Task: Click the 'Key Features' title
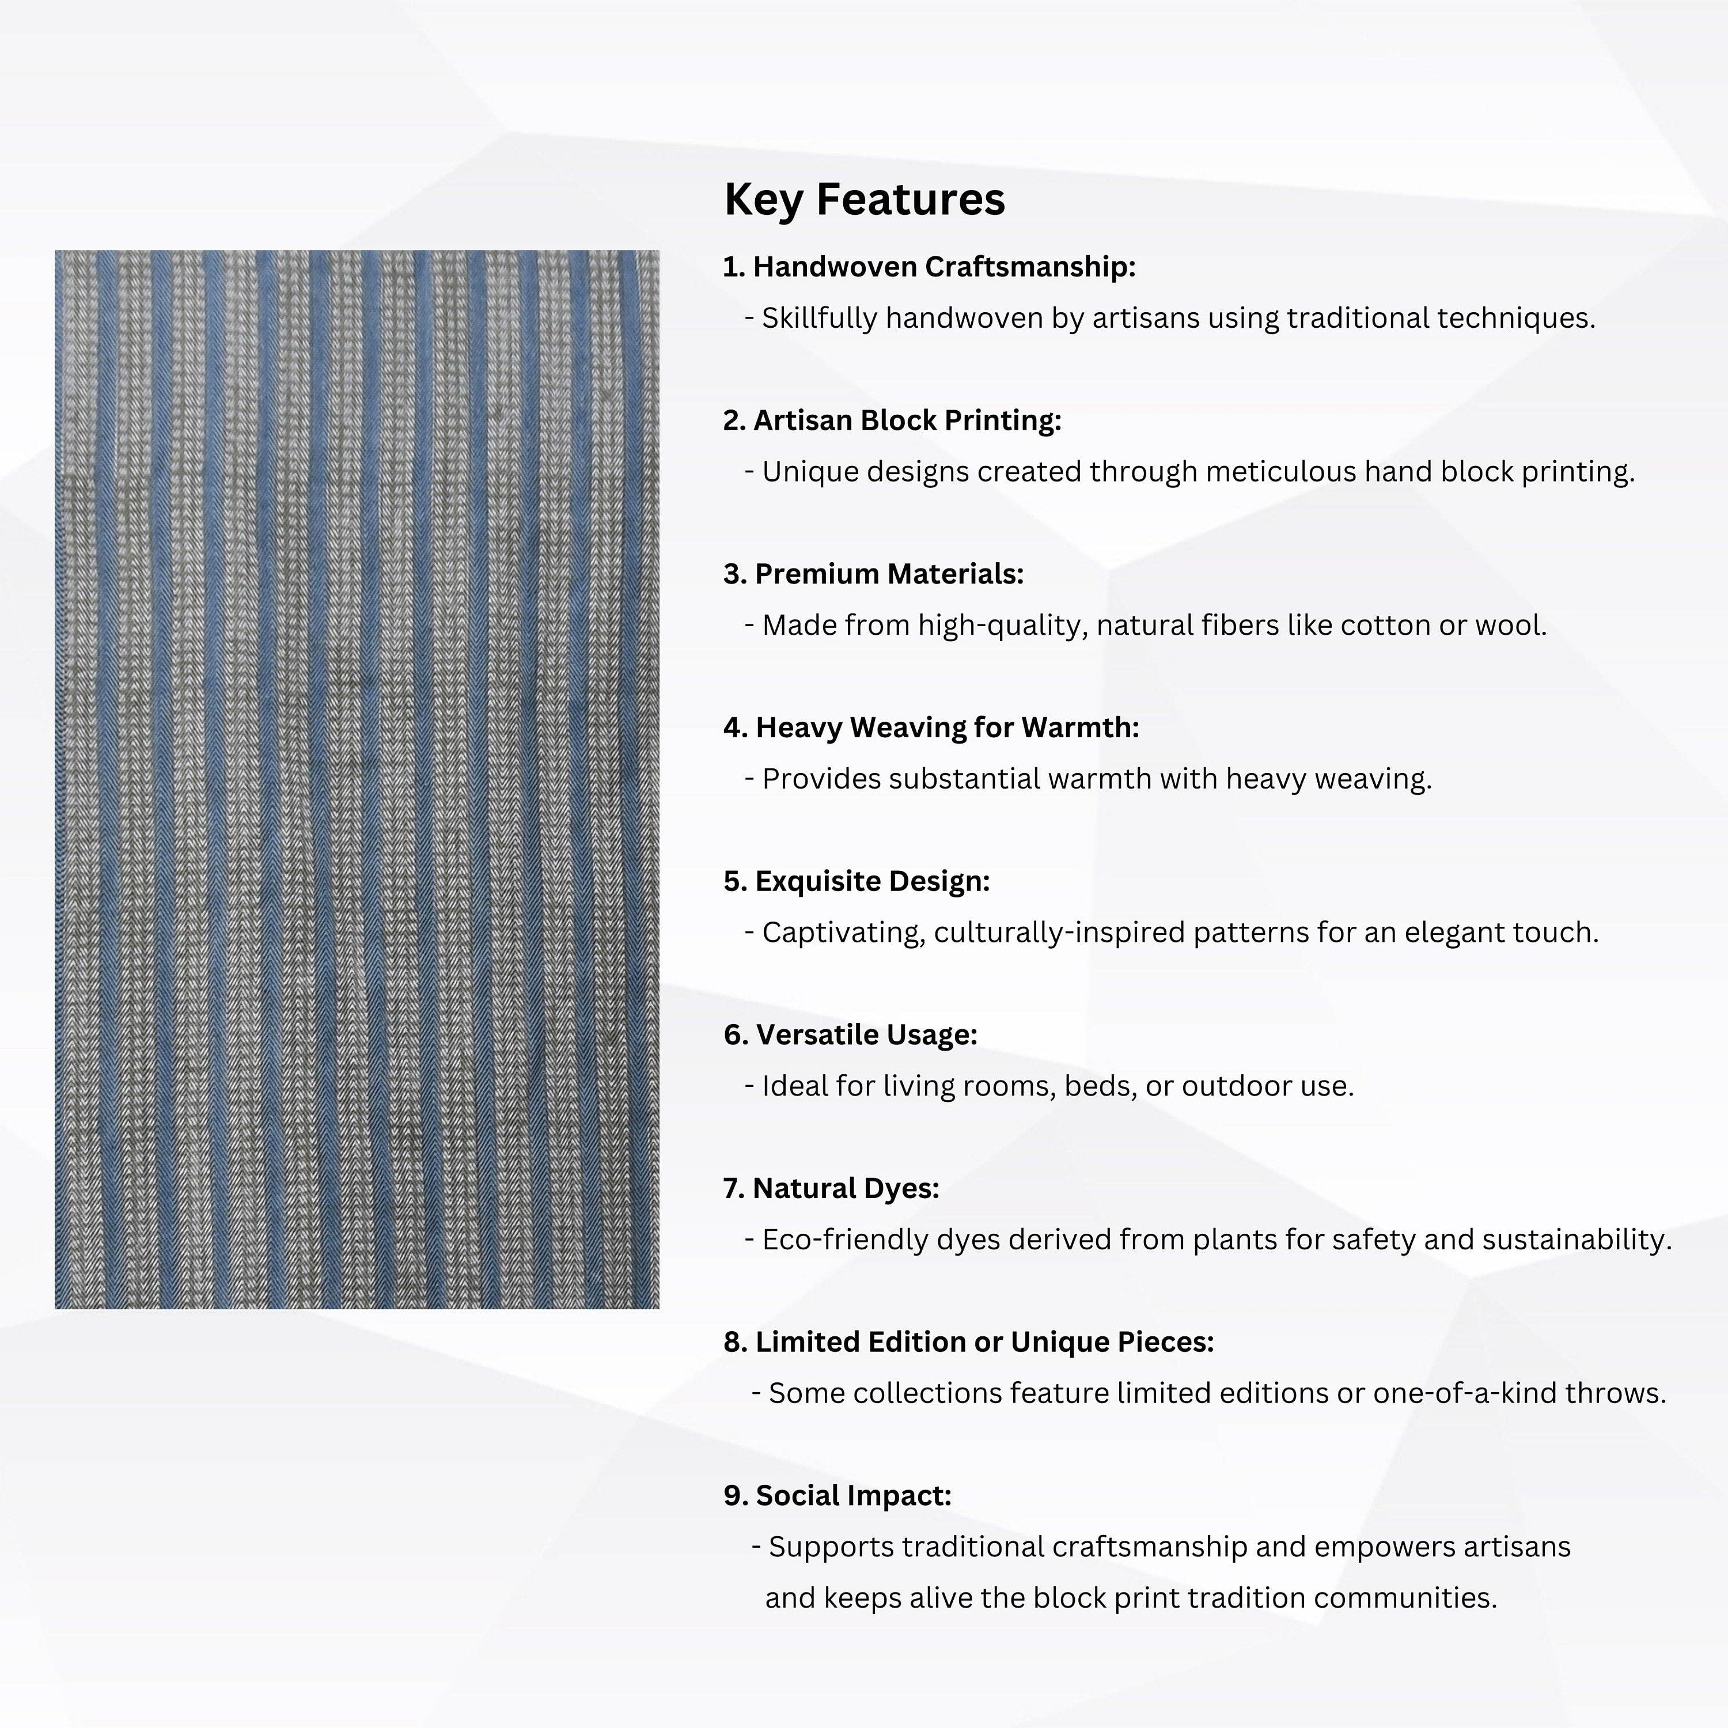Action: [x=864, y=199]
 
